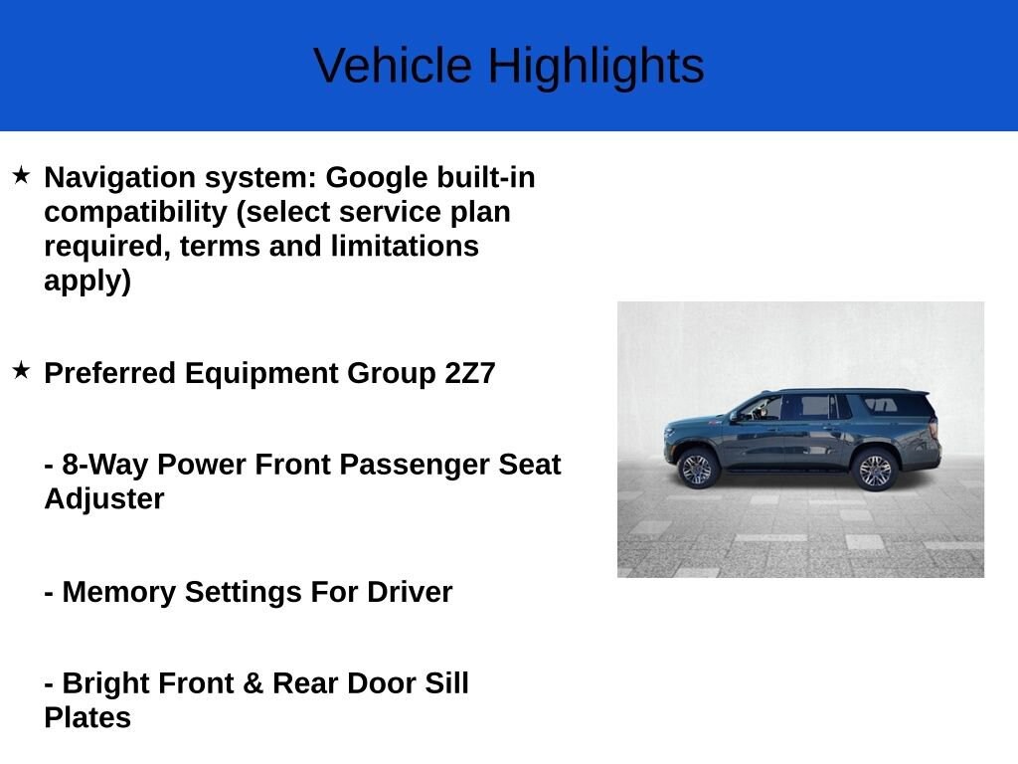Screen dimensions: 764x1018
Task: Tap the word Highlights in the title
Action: coord(595,67)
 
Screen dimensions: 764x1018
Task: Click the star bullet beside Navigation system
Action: coord(21,176)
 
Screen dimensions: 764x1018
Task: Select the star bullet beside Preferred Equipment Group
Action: coord(21,371)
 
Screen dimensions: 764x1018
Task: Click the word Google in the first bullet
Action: coord(377,178)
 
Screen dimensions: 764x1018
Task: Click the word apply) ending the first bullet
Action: coord(87,282)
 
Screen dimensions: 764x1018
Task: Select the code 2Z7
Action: coord(470,373)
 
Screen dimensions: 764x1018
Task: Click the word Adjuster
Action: coord(103,498)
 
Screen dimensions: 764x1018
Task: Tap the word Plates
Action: coord(87,717)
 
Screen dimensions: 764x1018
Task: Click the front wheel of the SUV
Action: coord(696,469)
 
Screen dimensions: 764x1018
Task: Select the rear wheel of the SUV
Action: coord(875,470)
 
